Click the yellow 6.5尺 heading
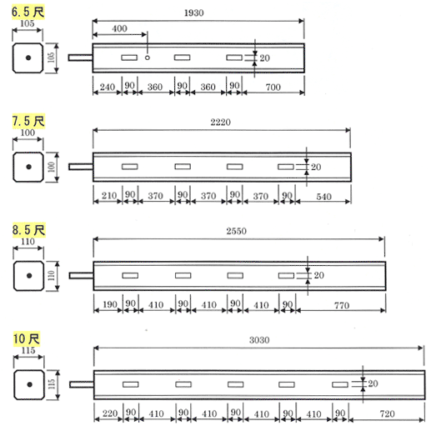tap(28, 12)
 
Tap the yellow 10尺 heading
tap(27, 338)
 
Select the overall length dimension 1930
tap(193, 13)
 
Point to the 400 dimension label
tap(119, 28)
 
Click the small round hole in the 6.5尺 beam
tap(148, 58)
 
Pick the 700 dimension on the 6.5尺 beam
tap(273, 87)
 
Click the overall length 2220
tap(220, 122)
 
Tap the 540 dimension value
tap(323, 197)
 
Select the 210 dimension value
tap(109, 196)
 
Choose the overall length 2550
tap(236, 231)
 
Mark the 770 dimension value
tap(342, 305)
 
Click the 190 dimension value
tap(110, 304)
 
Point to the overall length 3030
tap(259, 340)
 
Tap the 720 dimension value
tap(387, 413)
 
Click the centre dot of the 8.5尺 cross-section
tap(29, 276)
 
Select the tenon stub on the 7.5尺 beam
tap(81, 167)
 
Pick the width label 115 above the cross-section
tap(28, 350)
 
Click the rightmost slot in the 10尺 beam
tap(340, 384)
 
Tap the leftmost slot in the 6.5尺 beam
tap(129, 58)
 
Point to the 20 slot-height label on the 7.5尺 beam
tap(316, 167)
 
